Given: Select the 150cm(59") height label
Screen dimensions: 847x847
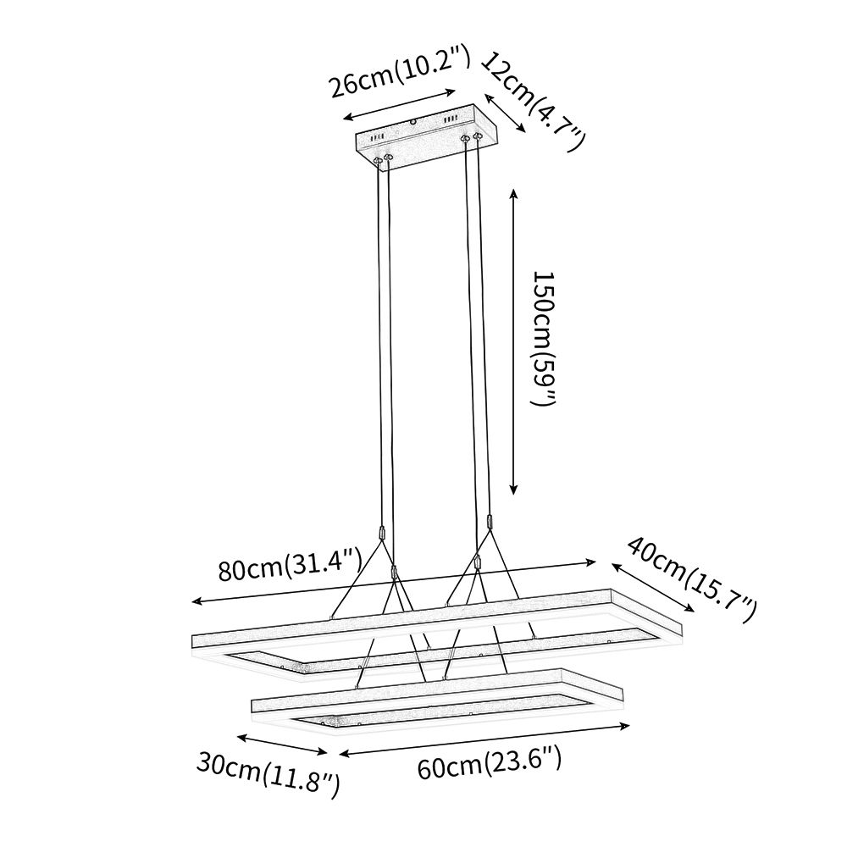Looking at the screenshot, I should click(543, 339).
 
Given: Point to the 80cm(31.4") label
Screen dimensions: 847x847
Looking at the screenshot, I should click(290, 566).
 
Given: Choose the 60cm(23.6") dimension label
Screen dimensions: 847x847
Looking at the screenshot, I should click(490, 767).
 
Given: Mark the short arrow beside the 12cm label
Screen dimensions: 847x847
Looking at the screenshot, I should click(506, 109).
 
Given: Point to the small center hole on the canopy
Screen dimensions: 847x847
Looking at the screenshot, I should click(414, 122).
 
